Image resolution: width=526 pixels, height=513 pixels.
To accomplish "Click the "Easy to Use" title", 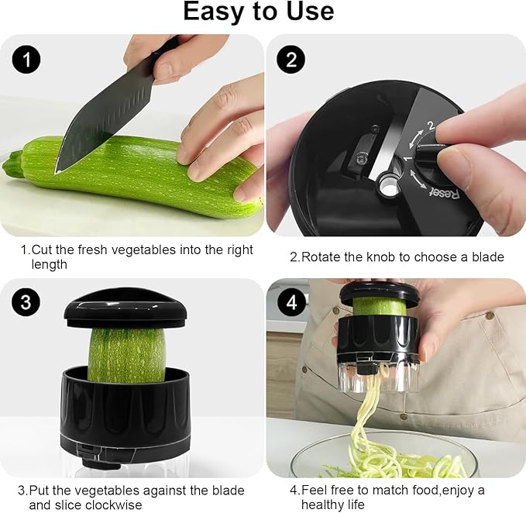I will click(259, 12).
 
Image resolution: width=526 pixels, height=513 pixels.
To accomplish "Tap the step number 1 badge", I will click(26, 60).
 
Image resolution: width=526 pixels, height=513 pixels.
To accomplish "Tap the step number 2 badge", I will click(291, 60).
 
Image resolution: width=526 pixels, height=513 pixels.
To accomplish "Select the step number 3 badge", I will click(26, 302).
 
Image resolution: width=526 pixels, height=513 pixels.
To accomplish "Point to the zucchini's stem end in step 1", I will click(12, 164).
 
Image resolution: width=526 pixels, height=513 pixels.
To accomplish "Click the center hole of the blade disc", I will click(387, 186).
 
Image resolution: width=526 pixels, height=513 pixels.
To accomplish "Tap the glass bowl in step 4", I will click(387, 457).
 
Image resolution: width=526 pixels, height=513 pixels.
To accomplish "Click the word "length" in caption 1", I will click(50, 264).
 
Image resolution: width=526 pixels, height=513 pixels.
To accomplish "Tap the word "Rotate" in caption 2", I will click(322, 256).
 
